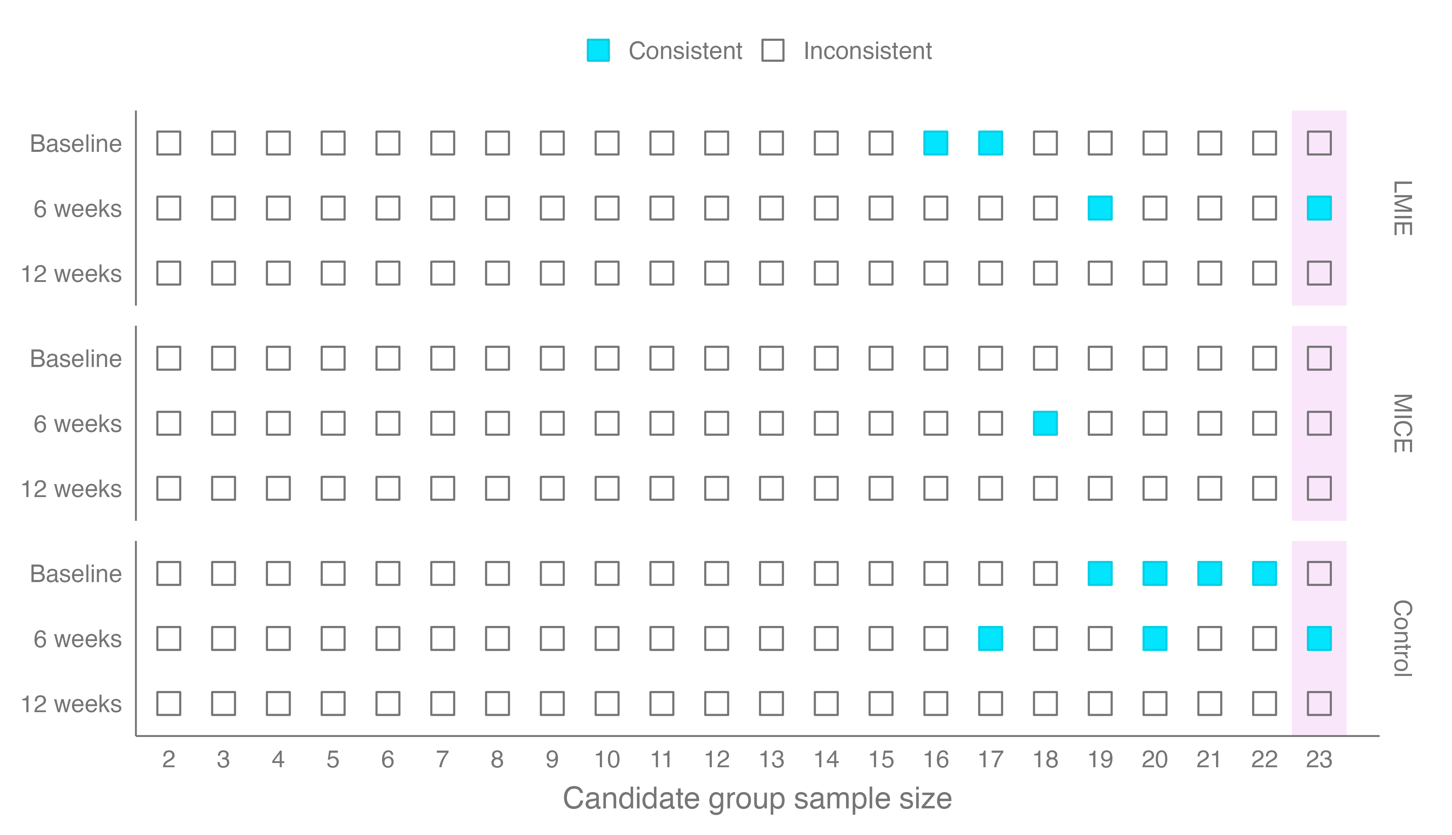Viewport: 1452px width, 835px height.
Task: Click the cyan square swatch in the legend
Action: [x=598, y=51]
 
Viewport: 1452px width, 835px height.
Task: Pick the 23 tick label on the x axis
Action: [x=1319, y=759]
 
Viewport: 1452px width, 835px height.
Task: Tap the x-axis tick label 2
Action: [x=168, y=759]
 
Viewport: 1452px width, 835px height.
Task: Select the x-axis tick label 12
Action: [x=717, y=759]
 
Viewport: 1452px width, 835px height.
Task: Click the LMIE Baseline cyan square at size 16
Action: [x=936, y=143]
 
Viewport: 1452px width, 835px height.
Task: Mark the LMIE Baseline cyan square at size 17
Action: [x=991, y=143]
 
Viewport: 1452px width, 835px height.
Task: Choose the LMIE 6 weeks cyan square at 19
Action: [x=1100, y=208]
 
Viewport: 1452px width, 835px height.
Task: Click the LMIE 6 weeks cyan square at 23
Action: [x=1319, y=208]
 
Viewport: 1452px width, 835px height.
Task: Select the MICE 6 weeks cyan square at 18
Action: [x=1045, y=423]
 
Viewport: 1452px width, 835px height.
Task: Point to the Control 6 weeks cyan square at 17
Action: [x=991, y=638]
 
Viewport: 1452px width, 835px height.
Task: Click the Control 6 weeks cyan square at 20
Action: [x=1155, y=638]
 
